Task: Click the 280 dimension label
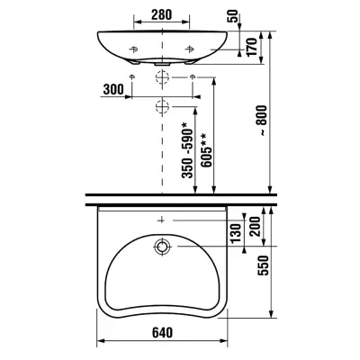point(161,14)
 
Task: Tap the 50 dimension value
point(234,15)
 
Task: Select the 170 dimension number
point(252,47)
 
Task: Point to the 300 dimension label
point(113,89)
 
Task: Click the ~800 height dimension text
point(262,121)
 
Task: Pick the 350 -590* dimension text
point(188,150)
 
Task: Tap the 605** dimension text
point(207,149)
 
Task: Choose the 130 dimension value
point(236,233)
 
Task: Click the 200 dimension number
point(256,227)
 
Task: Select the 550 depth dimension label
point(263,265)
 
